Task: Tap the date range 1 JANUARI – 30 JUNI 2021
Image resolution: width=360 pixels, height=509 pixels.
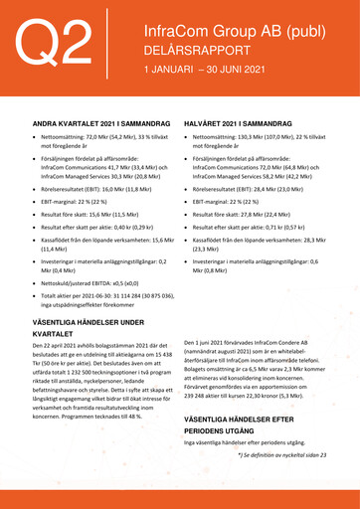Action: (205, 71)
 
